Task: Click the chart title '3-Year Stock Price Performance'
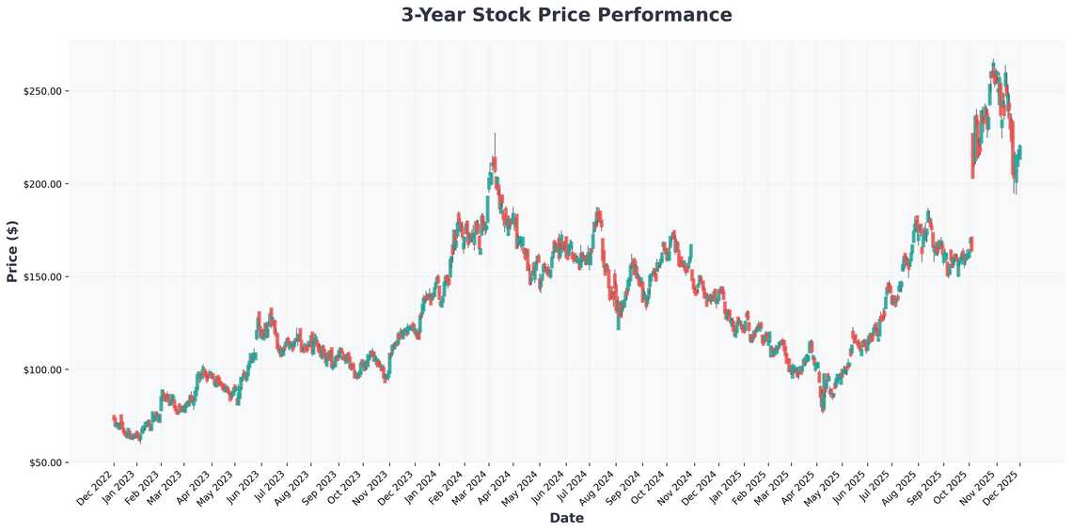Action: (566, 15)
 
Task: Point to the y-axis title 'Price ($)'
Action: (12, 252)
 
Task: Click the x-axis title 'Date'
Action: (566, 518)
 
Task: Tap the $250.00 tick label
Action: (42, 91)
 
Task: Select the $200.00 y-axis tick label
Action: (42, 184)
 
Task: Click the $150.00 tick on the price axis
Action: (42, 277)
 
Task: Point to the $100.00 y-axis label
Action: (42, 369)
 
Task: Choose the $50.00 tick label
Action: (44, 462)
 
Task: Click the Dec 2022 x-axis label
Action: (95, 486)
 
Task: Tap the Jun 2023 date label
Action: (243, 486)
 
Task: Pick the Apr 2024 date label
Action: (493, 486)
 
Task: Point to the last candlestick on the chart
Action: (1020, 151)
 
